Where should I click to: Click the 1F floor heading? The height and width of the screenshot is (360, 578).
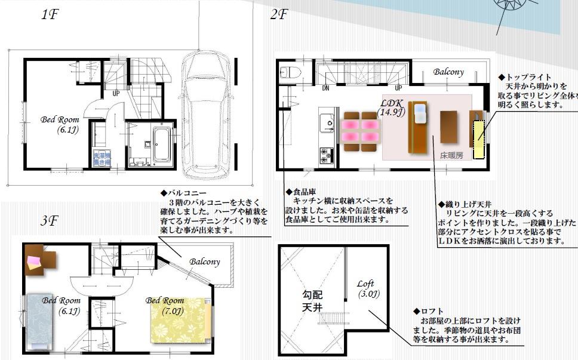coord(50,15)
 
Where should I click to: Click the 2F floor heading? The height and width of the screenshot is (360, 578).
coord(279,15)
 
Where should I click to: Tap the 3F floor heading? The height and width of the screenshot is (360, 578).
coord(50,221)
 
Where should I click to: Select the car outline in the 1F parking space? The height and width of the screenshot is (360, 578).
coord(206,113)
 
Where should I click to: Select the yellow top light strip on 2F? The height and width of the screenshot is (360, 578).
coord(479,139)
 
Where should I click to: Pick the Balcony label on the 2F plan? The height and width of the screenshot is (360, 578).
coord(448,72)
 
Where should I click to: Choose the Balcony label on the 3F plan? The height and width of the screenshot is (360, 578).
coord(205,261)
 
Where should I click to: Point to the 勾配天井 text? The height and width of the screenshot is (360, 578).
coord(311,301)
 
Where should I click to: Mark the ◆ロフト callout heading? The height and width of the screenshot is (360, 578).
coord(428,311)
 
